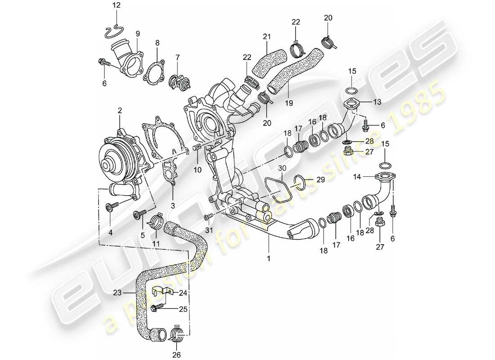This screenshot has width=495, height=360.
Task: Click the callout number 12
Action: click(117, 6)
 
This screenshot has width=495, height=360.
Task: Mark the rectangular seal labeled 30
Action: click(276, 193)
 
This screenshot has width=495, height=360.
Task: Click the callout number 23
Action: click(117, 292)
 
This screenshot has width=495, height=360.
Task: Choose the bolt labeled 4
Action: click(111, 207)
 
